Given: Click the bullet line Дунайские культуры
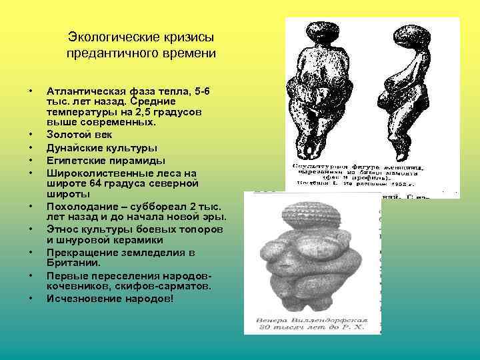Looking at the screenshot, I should tap(102, 147).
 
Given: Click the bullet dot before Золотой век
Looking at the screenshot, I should tap(31, 134).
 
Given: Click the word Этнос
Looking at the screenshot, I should tap(63, 229).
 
